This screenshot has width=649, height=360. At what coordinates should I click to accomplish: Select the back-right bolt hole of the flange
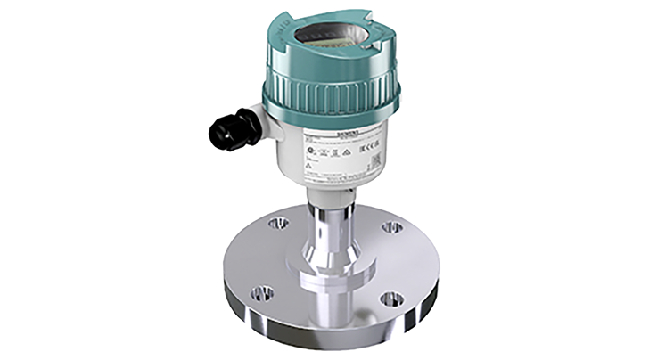390,228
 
